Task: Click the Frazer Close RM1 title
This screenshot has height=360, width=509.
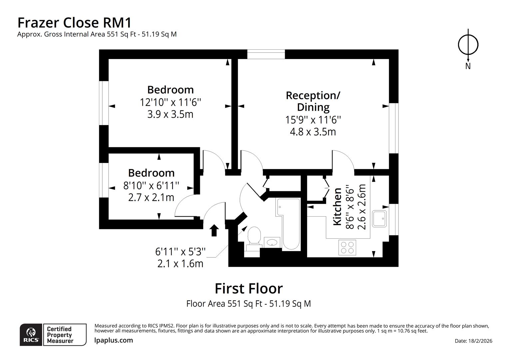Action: [x=74, y=23]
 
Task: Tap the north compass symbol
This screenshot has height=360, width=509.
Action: [x=468, y=45]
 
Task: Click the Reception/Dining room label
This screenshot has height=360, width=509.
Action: [x=313, y=101]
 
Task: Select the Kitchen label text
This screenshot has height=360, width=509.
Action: [x=337, y=207]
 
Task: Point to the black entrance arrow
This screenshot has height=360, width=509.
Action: [x=214, y=230]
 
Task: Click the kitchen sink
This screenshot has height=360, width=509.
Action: [x=380, y=219]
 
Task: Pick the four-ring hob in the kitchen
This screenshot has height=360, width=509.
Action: [x=347, y=248]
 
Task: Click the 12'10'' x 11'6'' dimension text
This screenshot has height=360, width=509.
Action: [x=170, y=102]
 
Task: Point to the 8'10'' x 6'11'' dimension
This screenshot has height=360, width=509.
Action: [x=151, y=185]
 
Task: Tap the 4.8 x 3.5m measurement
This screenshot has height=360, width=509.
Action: [x=313, y=132]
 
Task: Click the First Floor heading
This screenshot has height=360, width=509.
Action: [x=249, y=289]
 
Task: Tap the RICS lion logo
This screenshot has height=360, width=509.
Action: [x=31, y=334]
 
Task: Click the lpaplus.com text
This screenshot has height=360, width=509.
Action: [x=114, y=340]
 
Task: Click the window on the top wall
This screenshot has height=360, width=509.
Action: [x=266, y=54]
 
